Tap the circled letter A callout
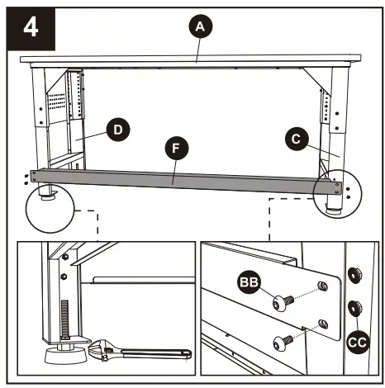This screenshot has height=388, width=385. (197, 27)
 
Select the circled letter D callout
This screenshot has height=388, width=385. (118, 130)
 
